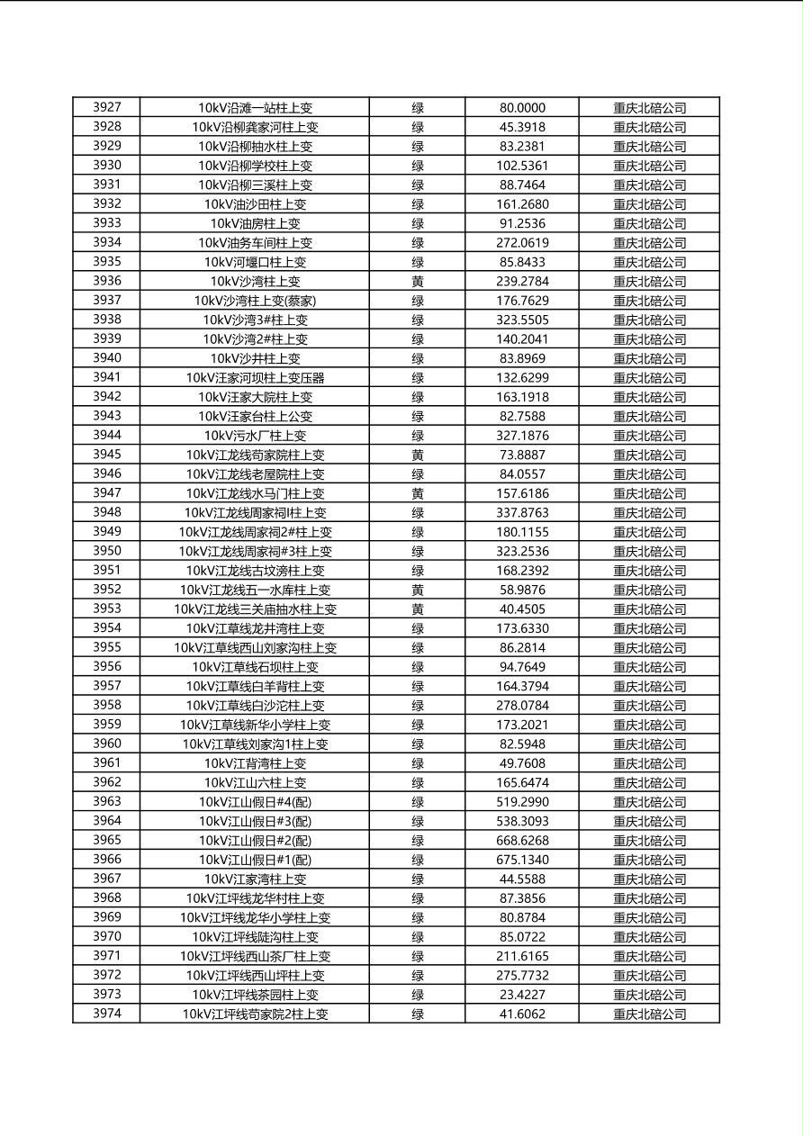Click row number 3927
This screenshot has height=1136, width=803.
(x=106, y=107)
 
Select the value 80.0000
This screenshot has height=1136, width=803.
(x=522, y=108)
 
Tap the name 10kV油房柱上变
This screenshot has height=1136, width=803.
(x=255, y=223)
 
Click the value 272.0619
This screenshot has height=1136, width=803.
(x=522, y=243)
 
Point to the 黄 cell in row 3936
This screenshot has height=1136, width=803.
(x=418, y=281)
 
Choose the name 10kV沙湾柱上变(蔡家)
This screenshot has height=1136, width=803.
(x=255, y=301)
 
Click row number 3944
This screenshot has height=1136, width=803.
(x=106, y=436)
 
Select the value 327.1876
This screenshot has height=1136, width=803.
(x=522, y=436)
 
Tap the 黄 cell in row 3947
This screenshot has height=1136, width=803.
(x=418, y=493)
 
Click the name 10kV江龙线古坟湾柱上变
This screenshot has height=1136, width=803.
(x=255, y=571)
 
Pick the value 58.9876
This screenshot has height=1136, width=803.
(x=522, y=590)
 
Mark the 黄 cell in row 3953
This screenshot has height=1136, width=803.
(x=418, y=609)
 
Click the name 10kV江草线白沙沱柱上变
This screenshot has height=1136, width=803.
(x=255, y=706)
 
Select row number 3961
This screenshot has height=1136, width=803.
(x=106, y=763)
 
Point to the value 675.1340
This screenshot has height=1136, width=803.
(x=522, y=860)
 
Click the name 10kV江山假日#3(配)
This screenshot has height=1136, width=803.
(x=255, y=821)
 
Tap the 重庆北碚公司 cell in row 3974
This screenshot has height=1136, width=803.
(x=649, y=1014)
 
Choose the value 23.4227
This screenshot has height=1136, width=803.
(x=522, y=995)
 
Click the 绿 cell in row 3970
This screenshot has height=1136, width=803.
(x=418, y=937)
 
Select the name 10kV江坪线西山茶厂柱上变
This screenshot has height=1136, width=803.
(x=255, y=957)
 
